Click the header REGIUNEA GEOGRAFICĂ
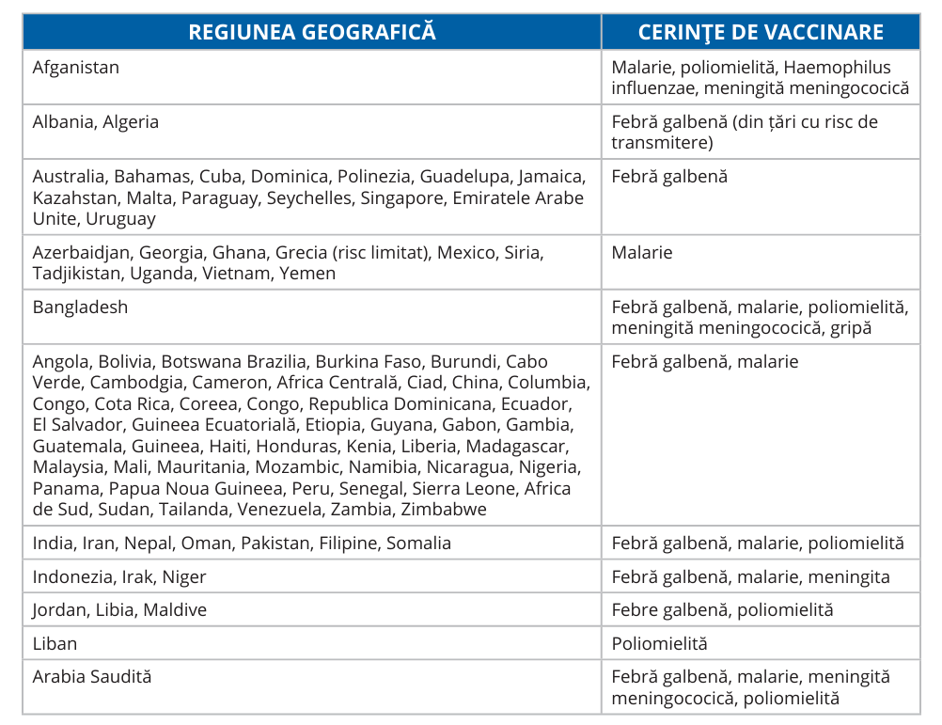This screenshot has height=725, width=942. [x=312, y=31]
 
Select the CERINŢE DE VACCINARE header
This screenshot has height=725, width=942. [x=761, y=31]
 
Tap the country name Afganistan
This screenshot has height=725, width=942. [x=76, y=68]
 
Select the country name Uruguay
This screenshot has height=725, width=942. [x=120, y=219]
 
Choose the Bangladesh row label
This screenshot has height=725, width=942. [x=80, y=307]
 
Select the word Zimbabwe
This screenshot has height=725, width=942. [x=444, y=510]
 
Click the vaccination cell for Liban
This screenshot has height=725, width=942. [x=659, y=644]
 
